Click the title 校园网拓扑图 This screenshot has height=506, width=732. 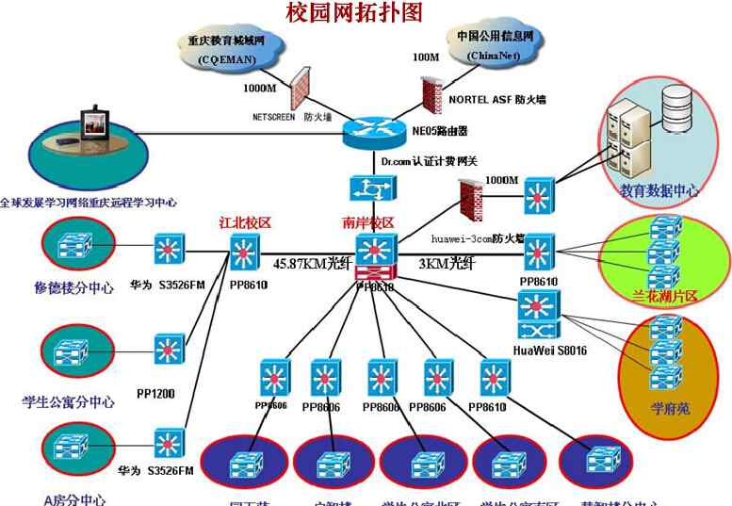(354, 12)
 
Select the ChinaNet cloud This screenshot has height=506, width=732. (495, 46)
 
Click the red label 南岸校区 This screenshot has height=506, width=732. (368, 224)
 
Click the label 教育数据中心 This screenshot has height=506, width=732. (659, 190)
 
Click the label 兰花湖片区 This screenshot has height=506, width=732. (665, 296)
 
